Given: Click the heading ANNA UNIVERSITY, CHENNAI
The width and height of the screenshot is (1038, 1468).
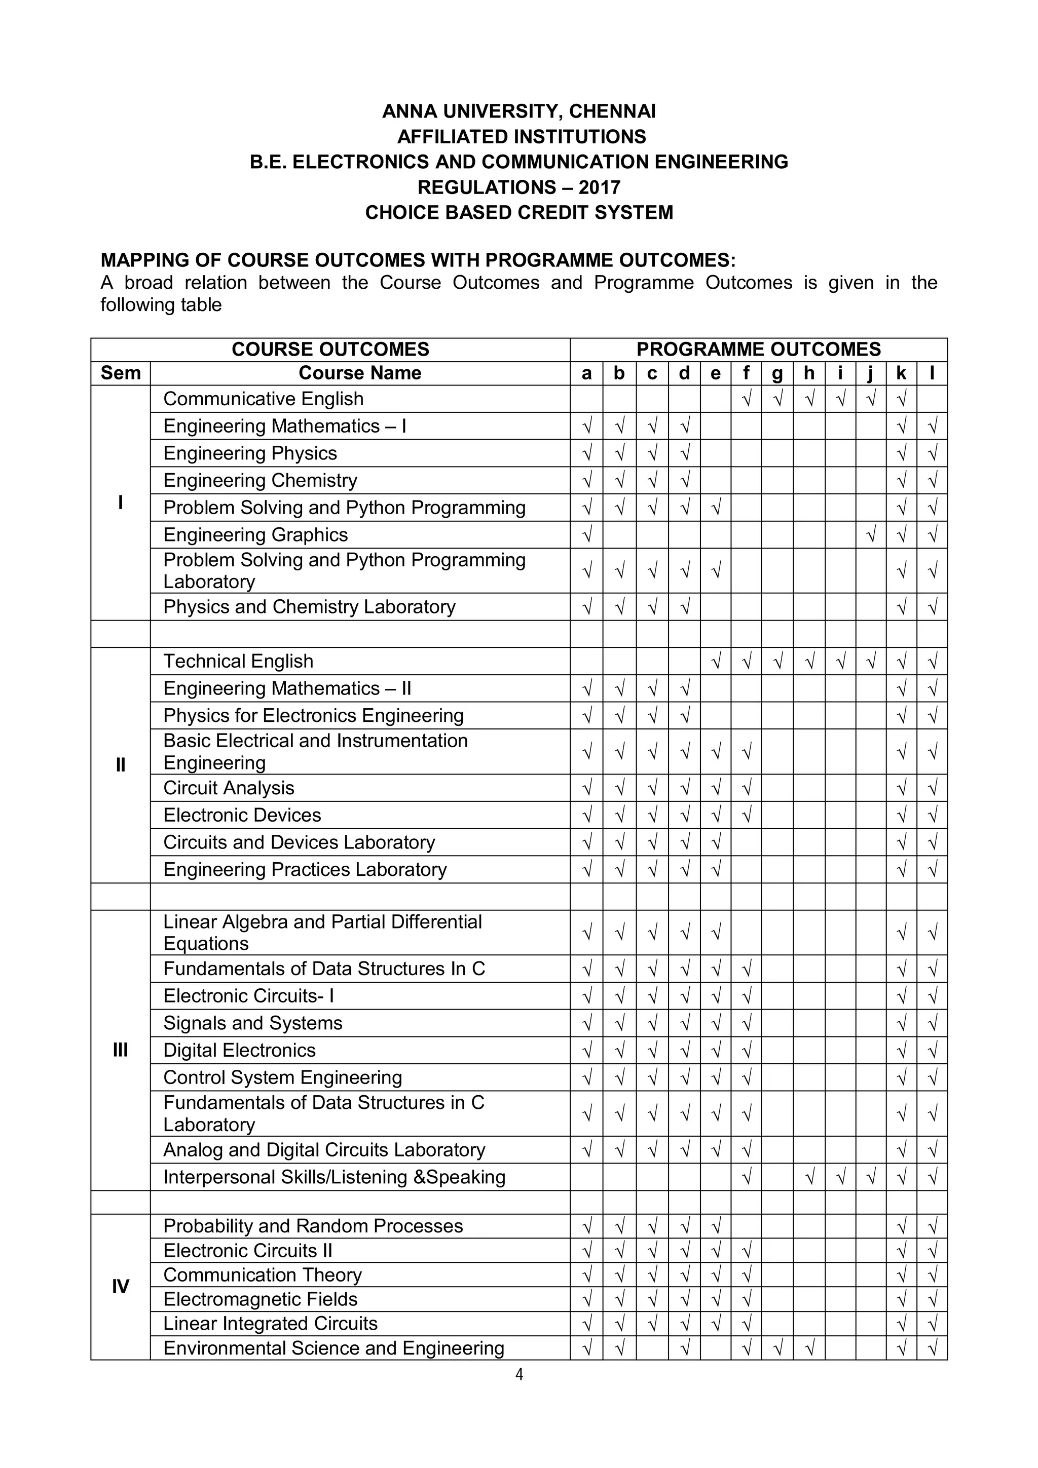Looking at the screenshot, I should pos(518,111).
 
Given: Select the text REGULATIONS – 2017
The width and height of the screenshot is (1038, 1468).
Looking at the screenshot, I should pos(518,187).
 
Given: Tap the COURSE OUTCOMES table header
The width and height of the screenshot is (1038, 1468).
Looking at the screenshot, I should pos(330,349).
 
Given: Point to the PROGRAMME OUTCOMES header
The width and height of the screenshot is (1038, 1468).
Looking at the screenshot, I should pos(759,349).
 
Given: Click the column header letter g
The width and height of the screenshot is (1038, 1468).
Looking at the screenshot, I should pos(777,373).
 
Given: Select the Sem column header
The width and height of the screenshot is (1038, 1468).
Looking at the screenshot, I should pos(120,373).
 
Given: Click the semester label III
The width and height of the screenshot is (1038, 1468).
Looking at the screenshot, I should pos(120,1050).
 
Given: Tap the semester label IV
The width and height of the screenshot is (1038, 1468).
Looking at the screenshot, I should pos(120,1287).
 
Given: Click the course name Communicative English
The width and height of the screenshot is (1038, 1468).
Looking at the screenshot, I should pos(264,399).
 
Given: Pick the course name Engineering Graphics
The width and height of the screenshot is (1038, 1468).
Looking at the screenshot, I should pos(256,534).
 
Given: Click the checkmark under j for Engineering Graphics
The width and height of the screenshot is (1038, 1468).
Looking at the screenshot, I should pos(870,534).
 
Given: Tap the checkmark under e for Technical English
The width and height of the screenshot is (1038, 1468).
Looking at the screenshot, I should pos(716,661).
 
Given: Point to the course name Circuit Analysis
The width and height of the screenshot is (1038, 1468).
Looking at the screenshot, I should pos(229,788).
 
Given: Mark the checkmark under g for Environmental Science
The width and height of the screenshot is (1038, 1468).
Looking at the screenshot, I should pos(777,1348).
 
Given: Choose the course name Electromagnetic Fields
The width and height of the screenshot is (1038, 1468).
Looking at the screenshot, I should pos(261,1299).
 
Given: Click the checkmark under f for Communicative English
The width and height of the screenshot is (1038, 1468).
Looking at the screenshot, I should pos(746,399).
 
